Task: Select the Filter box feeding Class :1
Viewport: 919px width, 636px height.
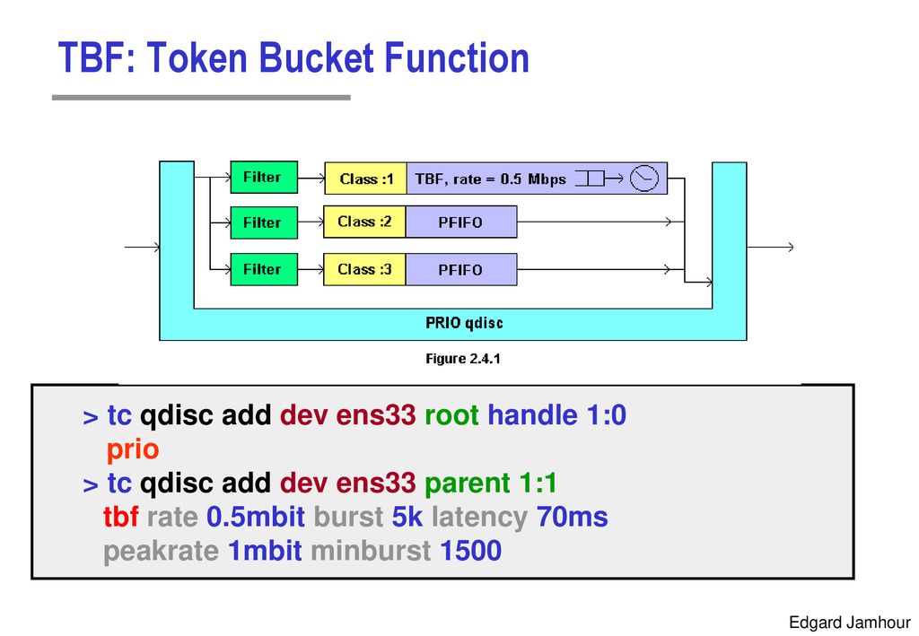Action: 264,177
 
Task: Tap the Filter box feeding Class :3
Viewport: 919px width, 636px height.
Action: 264,269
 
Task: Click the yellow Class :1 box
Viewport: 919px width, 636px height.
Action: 366,179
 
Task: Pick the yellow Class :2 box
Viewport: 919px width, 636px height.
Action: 364,222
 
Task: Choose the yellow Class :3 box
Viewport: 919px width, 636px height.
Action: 364,269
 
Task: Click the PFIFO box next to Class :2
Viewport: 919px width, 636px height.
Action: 461,222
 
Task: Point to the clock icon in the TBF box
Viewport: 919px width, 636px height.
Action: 644,178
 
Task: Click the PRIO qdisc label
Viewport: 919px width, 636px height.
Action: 464,323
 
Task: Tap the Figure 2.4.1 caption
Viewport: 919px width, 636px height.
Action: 463,359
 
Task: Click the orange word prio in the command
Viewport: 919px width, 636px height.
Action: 133,450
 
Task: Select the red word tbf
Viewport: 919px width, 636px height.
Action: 121,517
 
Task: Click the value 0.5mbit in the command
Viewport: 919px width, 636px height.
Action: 256,517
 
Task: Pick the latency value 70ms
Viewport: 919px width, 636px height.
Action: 572,517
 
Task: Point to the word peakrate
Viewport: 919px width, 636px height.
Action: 162,552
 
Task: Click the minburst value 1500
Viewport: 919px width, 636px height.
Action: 470,551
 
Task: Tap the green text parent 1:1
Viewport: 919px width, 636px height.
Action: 491,484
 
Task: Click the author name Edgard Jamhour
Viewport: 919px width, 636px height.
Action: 849,622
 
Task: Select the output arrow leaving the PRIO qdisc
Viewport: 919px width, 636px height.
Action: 770,248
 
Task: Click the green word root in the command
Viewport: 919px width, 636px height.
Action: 452,415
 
